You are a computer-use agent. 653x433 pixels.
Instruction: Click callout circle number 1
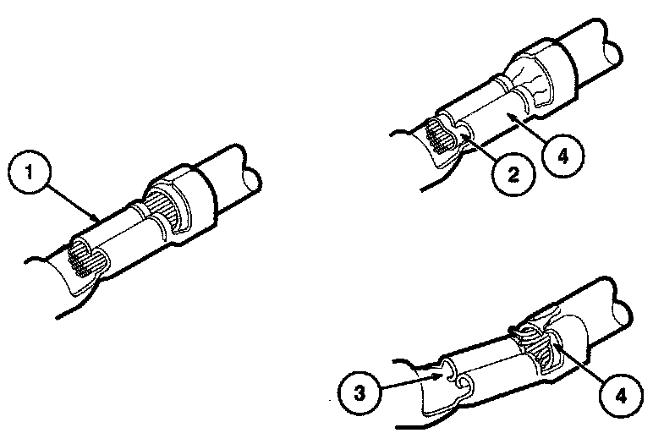coord(29,172)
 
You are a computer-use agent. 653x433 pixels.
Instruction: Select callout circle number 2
coord(513,174)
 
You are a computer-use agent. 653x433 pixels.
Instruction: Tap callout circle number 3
coord(359,392)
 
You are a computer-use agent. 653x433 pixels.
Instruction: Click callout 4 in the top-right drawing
coord(563,156)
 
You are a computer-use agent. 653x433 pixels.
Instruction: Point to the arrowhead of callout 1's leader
coord(96,217)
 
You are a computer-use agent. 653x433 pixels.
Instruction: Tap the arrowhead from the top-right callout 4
coord(509,116)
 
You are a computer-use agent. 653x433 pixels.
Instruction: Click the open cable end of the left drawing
coord(251,182)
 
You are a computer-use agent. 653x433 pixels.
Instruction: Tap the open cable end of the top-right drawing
coord(613,53)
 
